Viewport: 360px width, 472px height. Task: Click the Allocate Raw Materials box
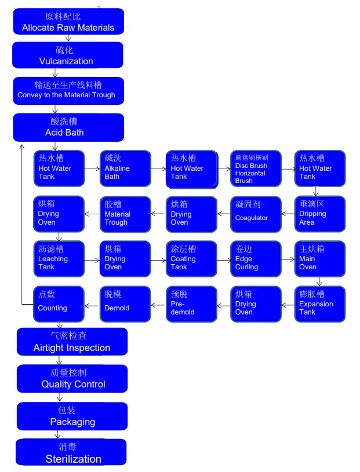68,21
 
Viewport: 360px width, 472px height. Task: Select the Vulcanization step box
67,55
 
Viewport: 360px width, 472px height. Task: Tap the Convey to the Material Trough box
68,90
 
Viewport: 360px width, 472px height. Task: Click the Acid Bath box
68,127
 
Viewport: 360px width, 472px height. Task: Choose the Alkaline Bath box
125,169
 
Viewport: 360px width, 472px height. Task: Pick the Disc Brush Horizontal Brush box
256,169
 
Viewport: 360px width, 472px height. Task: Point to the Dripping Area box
319,214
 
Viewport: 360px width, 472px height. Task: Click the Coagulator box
256,214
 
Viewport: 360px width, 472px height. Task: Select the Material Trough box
125,214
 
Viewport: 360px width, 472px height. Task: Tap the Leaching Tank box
59,259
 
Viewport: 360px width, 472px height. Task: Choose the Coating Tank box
191,259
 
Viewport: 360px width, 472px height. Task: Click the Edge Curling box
256,259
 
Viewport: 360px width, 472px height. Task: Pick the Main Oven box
319,259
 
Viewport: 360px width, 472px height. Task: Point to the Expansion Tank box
319,303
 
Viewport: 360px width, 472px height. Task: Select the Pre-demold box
191,303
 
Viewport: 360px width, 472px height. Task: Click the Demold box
125,303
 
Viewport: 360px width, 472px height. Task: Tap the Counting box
59,303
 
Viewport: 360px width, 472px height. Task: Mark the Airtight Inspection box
72,342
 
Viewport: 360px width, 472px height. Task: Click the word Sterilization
74,459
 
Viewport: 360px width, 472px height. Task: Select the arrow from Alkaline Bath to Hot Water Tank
158,169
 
